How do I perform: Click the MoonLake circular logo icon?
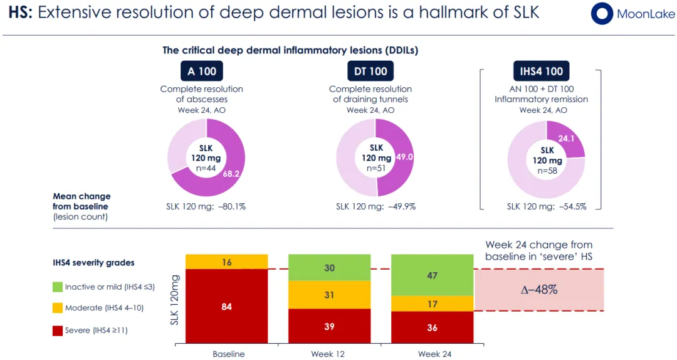pyautogui.click(x=602, y=14)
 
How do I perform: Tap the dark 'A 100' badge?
pyautogui.click(x=202, y=71)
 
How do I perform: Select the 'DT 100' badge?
pyautogui.click(x=370, y=71)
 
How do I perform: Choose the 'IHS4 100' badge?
pyautogui.click(x=541, y=71)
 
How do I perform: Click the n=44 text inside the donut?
pyautogui.click(x=206, y=167)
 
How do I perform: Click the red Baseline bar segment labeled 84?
pyautogui.click(x=226, y=307)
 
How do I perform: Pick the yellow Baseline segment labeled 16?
pyautogui.click(x=226, y=262)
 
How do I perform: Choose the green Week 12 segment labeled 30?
pyautogui.click(x=329, y=268)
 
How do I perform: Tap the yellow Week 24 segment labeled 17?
pyautogui.click(x=432, y=304)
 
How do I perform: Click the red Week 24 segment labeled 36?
pyautogui.click(x=432, y=327)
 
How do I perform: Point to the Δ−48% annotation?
pyautogui.click(x=538, y=290)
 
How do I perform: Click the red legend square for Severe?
pyautogui.click(x=57, y=331)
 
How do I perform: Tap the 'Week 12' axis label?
pyautogui.click(x=327, y=354)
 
